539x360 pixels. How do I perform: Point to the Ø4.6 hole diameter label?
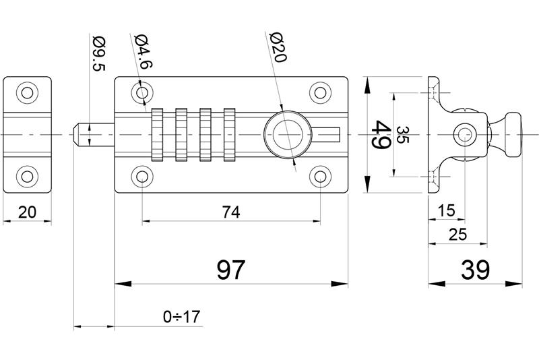[141, 51]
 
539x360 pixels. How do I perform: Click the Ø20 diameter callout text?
[277, 48]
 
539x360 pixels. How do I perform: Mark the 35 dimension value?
[402, 136]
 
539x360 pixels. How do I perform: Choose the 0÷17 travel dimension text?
[182, 316]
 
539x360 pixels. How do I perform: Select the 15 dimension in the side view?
[446, 211]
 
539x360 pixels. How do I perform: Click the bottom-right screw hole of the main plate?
[319, 177]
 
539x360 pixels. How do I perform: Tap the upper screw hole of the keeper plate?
[28, 92]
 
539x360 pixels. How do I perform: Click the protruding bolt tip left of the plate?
[86, 134]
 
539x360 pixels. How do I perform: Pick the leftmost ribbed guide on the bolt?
[158, 134]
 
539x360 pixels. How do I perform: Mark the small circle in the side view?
[465, 134]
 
